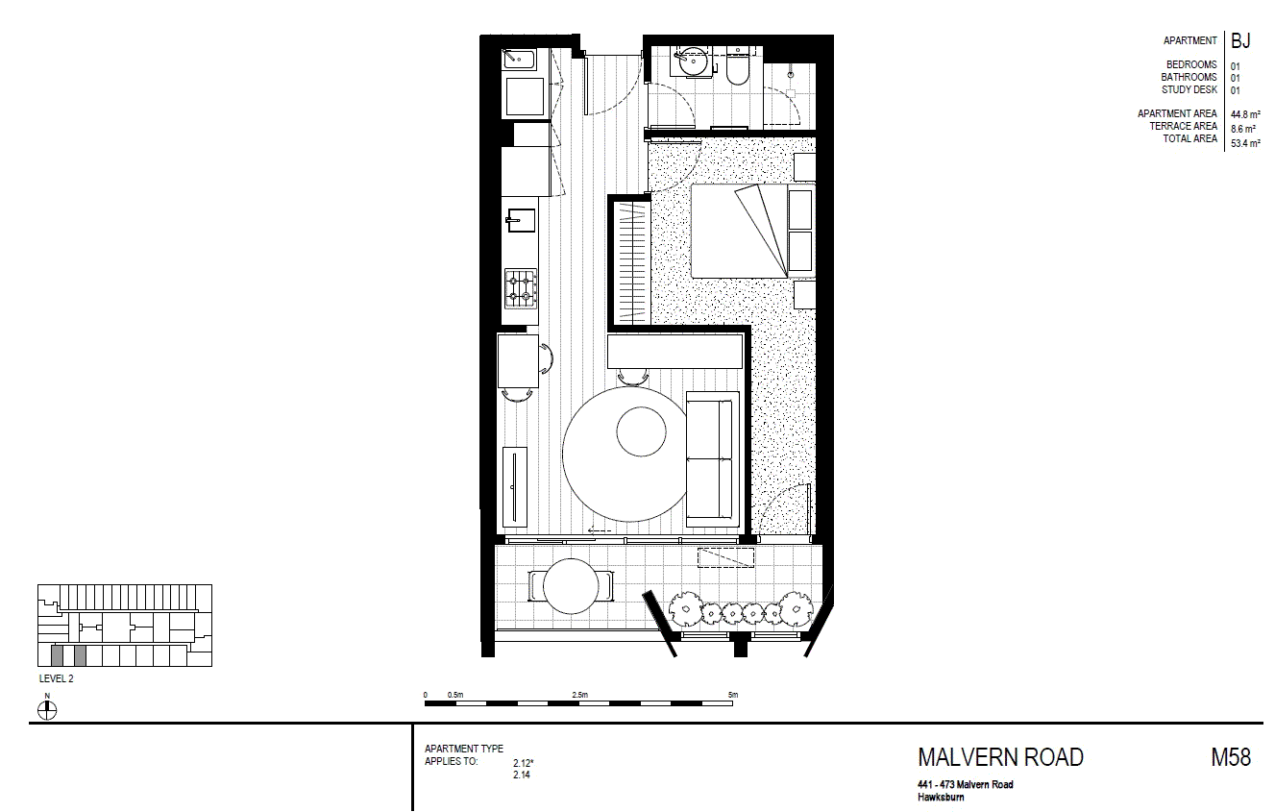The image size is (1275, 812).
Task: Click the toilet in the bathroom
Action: [x=738, y=67]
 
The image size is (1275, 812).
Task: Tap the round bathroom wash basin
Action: [x=693, y=62]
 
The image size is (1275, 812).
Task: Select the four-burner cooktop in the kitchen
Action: [x=521, y=288]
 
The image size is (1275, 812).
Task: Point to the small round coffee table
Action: [x=641, y=431]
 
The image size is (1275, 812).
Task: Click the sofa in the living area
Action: [x=713, y=459]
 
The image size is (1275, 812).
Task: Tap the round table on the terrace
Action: [x=571, y=586]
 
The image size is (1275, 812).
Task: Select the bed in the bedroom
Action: [x=752, y=231]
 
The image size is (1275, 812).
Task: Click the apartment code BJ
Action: [x=1240, y=41]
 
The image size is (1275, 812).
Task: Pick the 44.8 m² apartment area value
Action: [x=1245, y=114]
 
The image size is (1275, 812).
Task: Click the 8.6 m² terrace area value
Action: [x=1243, y=130]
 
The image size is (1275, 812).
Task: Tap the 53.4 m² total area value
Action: [x=1245, y=143]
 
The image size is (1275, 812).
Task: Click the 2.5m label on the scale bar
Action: [x=580, y=695]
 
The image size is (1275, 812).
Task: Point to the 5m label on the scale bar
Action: [x=733, y=695]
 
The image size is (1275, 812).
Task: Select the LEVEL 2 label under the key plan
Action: [x=57, y=678]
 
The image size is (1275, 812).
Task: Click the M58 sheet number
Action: [x=1231, y=757]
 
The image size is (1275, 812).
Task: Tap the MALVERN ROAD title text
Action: [x=1000, y=757]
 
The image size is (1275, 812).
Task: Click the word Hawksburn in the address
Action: [x=941, y=798]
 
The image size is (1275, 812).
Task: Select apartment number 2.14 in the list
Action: [x=522, y=775]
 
